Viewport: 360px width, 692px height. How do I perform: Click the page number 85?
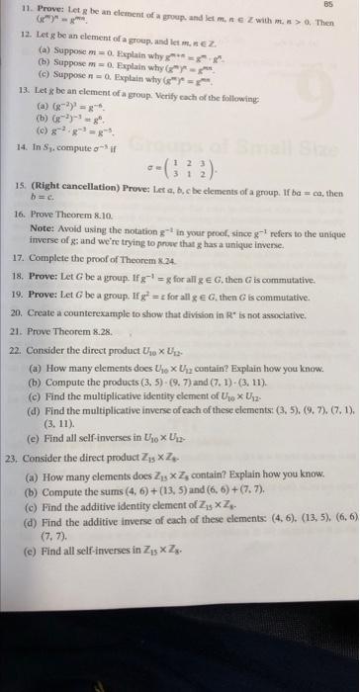[345, 6]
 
